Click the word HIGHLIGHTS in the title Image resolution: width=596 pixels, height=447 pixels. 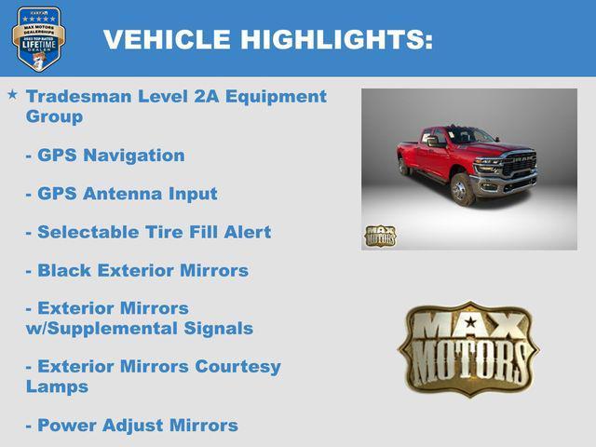coord(335,40)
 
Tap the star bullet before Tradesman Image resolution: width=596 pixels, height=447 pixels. coord(12,95)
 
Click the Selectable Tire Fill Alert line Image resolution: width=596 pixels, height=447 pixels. coord(148,232)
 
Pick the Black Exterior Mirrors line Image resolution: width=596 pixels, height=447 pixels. coord(137,270)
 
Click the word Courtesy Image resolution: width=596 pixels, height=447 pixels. coord(237,366)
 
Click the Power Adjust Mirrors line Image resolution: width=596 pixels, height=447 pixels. coord(131,425)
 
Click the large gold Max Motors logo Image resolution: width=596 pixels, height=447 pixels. coord(468,348)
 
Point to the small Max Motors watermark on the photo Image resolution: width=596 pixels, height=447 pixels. coord(380,236)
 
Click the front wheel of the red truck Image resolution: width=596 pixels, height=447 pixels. coord(461,190)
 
